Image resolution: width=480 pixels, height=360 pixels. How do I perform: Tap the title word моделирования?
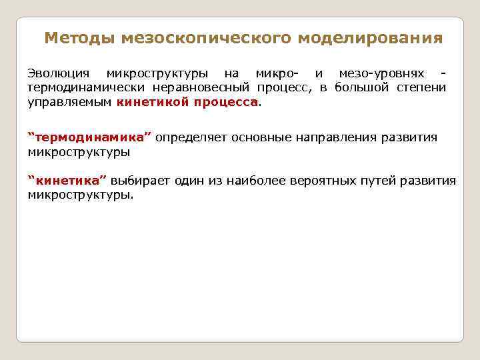[x=370, y=38]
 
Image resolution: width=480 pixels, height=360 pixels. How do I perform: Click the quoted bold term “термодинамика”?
[x=89, y=137]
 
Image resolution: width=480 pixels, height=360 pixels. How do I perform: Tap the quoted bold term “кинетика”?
[x=67, y=181]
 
